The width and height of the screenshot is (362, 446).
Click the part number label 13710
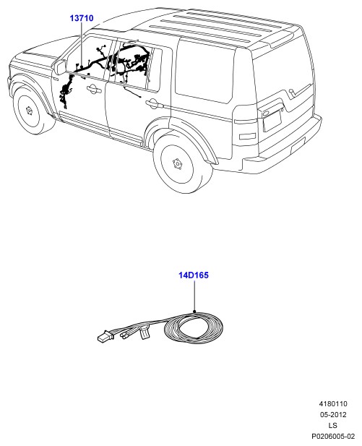[x=82, y=18]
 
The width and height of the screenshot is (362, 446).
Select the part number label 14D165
[x=194, y=275]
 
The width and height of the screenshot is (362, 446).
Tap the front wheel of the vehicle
[x=32, y=111]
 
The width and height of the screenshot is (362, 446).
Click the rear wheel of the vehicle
[x=183, y=164]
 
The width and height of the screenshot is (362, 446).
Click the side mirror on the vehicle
[x=61, y=67]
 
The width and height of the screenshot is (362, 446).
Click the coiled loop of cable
[x=194, y=327]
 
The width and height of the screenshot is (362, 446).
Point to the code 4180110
[x=333, y=404]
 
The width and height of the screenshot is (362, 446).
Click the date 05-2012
[x=333, y=415]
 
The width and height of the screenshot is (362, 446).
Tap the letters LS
[x=333, y=426]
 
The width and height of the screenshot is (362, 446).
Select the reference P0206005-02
[x=333, y=437]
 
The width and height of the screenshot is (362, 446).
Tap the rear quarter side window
[x=204, y=71]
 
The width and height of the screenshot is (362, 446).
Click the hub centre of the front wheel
[x=29, y=110]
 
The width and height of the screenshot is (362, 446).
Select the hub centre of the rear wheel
[x=178, y=164]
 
